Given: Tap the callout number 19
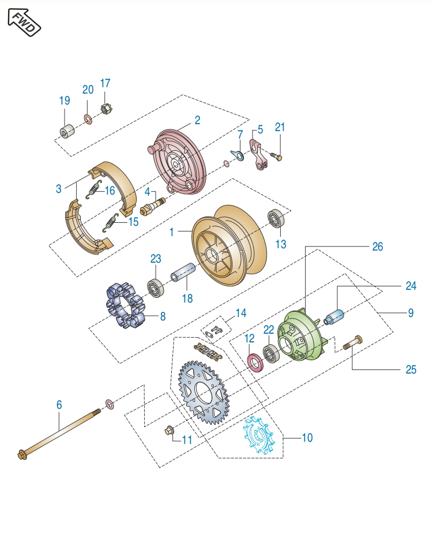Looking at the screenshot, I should tap(64, 100).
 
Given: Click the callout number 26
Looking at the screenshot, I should tap(377, 247).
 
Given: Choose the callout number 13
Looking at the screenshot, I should tap(281, 244).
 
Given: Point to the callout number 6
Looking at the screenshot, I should tap(59, 405).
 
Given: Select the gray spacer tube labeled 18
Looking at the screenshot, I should tap(184, 277).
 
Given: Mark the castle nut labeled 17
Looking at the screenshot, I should tap(106, 108).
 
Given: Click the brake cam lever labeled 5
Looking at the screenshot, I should tap(259, 154).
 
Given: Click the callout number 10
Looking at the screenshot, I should tap(307, 438).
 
